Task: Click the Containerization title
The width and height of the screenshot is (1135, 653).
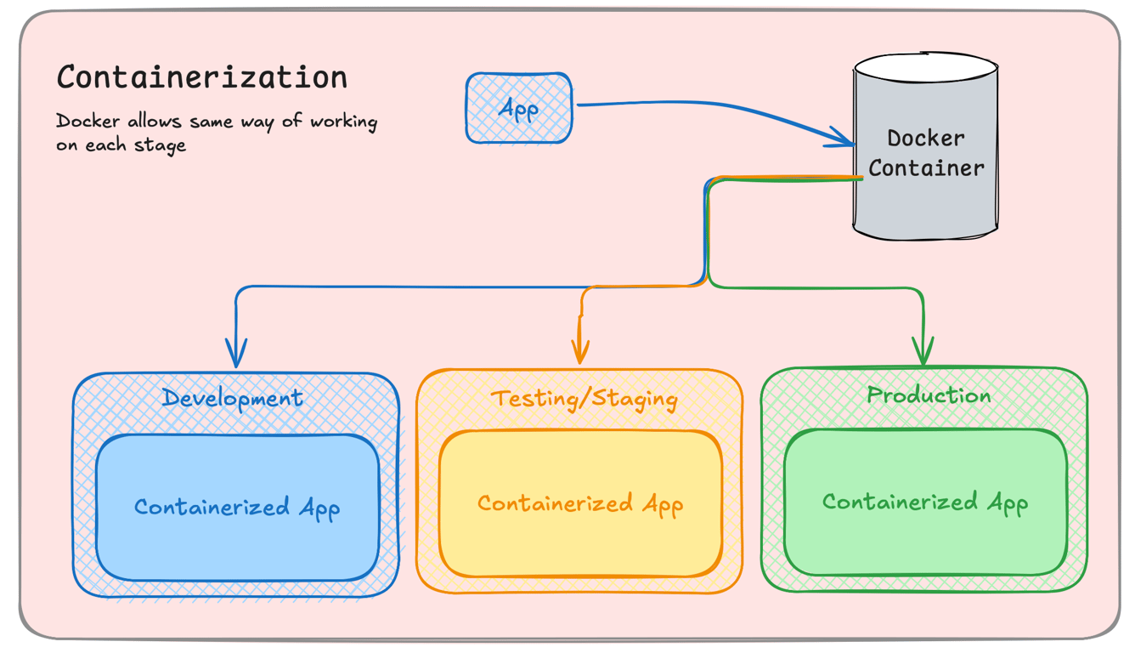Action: (x=202, y=77)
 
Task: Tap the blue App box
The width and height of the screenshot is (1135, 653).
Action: (x=518, y=108)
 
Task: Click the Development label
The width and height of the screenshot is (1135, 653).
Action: (x=232, y=398)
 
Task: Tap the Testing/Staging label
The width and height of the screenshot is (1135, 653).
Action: (x=584, y=399)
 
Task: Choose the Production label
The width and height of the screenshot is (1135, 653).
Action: (x=929, y=395)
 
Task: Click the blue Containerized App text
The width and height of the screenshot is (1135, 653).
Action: (x=237, y=508)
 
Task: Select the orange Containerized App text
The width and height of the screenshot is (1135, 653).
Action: (x=579, y=504)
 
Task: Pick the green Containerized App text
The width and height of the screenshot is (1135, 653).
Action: (x=924, y=503)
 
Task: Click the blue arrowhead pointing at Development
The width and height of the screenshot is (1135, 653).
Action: (x=236, y=353)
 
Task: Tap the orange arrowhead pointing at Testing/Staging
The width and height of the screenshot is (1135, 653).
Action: (x=580, y=350)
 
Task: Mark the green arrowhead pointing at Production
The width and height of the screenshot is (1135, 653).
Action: (x=923, y=350)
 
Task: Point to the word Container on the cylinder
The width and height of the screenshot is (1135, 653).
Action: (x=926, y=168)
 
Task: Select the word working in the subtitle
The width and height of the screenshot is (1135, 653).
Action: (x=343, y=122)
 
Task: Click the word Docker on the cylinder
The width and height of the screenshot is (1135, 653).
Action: (x=926, y=138)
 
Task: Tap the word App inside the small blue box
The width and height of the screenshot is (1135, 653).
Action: (x=518, y=109)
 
